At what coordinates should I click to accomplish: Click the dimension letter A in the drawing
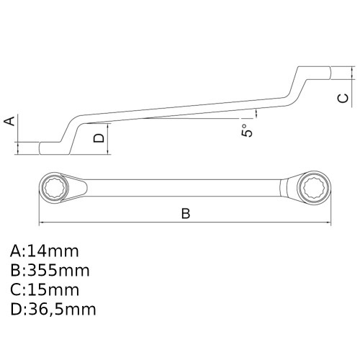click(10, 121)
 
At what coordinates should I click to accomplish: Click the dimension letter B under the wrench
click(185, 214)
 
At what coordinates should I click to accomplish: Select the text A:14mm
click(45, 251)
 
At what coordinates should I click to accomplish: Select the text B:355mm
click(50, 271)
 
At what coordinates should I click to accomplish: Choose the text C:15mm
click(45, 290)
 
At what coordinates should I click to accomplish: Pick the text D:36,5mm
click(53, 310)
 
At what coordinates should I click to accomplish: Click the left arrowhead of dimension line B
click(42, 222)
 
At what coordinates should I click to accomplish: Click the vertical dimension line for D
click(109, 136)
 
